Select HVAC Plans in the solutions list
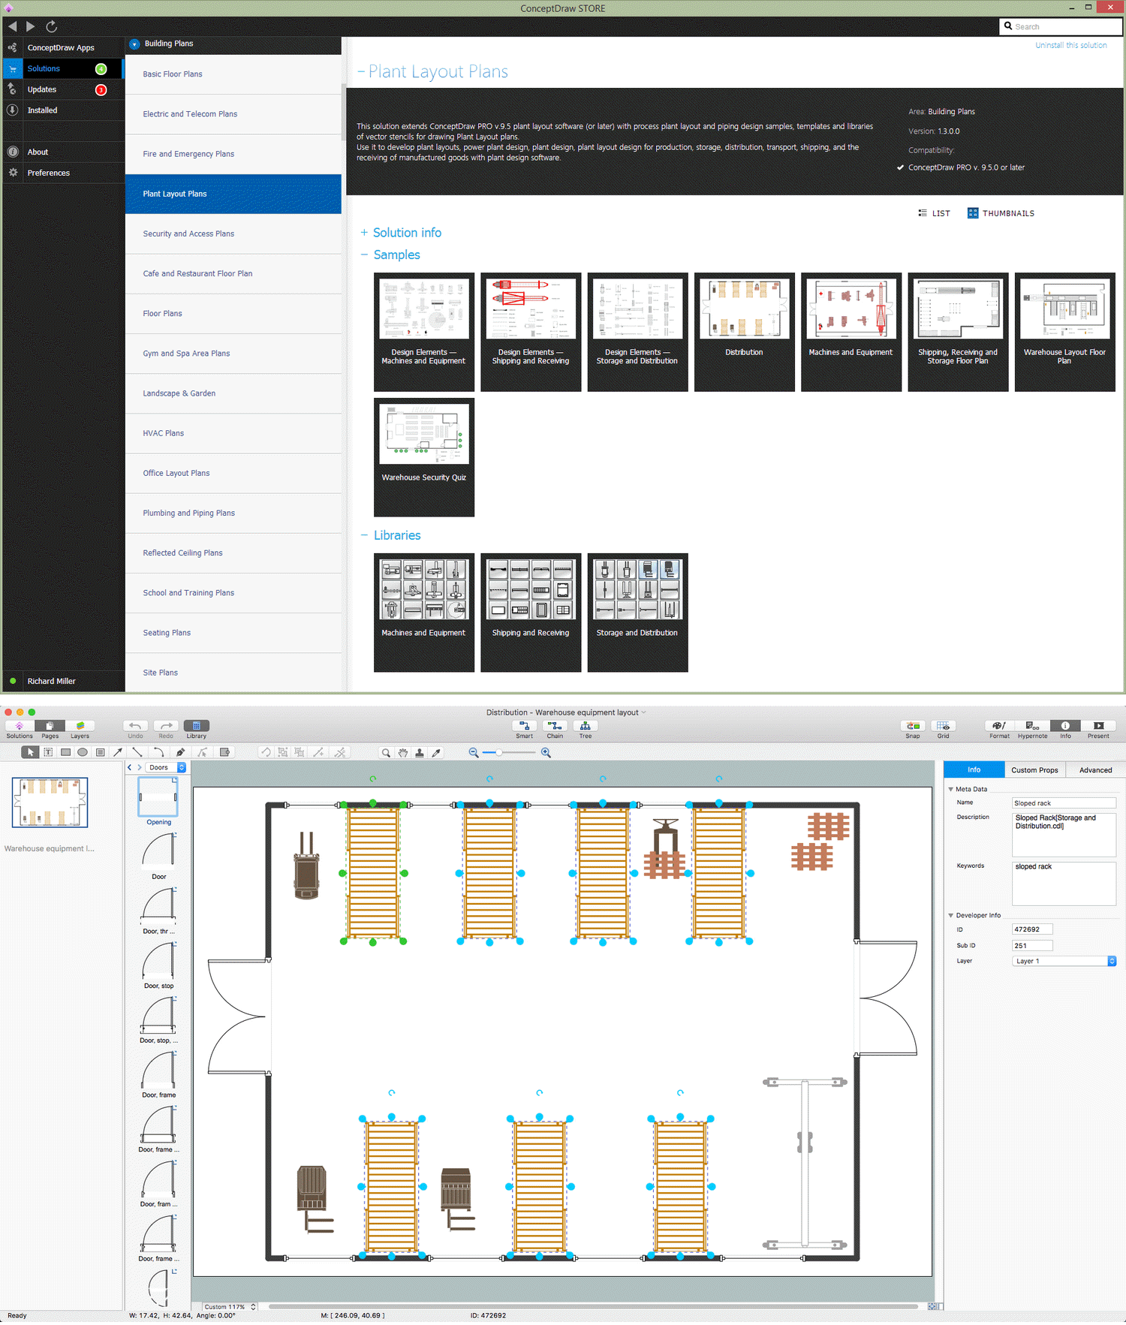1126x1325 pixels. (x=163, y=433)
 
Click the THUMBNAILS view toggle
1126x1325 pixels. (x=1001, y=213)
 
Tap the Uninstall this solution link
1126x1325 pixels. (x=1070, y=45)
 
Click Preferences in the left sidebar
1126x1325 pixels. (x=48, y=173)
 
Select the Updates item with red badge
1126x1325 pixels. (x=42, y=89)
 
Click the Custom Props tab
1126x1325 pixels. (x=1034, y=770)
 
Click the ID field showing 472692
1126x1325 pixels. (x=1032, y=929)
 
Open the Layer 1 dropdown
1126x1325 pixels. (x=1064, y=961)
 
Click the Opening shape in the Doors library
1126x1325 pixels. (x=158, y=798)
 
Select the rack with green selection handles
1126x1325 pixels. (x=373, y=872)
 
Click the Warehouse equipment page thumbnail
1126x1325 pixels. (x=50, y=803)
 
